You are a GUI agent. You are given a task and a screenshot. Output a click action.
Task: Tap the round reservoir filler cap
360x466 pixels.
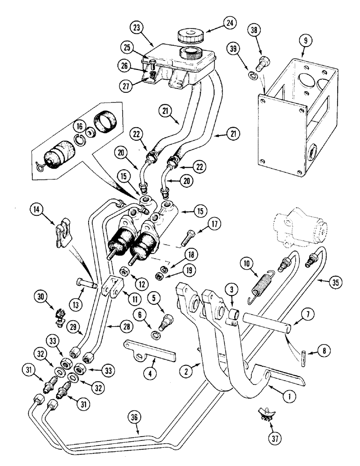[x=189, y=35]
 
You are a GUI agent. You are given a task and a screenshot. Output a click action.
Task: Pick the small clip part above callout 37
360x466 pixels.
[x=263, y=412]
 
